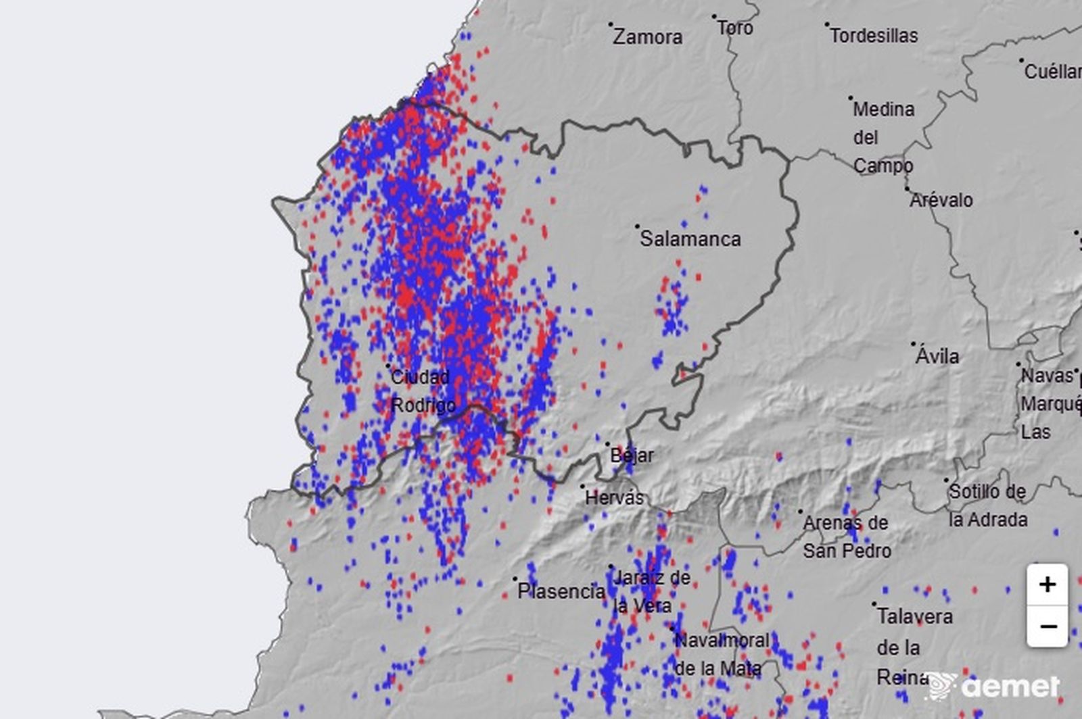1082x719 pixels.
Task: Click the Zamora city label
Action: [x=647, y=36]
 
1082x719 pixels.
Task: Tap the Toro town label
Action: [x=734, y=28]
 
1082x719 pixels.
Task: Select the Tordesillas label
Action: [x=874, y=35]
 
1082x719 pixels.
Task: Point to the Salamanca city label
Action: [x=690, y=239]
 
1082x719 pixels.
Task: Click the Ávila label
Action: [x=937, y=355]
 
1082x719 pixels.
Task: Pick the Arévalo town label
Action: [x=941, y=200]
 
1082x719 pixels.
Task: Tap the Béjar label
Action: [x=632, y=455]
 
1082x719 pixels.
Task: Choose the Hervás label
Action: [x=614, y=498]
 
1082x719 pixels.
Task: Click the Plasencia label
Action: [x=561, y=591]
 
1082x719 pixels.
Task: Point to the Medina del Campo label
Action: [x=883, y=137]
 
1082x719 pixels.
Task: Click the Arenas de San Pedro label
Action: [x=846, y=537]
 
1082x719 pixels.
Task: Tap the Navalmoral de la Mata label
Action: [x=722, y=654]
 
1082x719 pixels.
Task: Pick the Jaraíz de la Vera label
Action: [x=651, y=591]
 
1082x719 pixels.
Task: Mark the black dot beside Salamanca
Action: [x=637, y=227]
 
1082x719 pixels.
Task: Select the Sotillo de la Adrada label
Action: [x=987, y=505]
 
